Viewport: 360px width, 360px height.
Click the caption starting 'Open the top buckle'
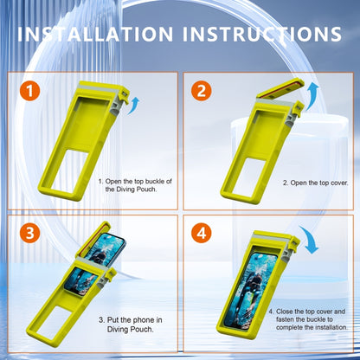coord(138,183)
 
